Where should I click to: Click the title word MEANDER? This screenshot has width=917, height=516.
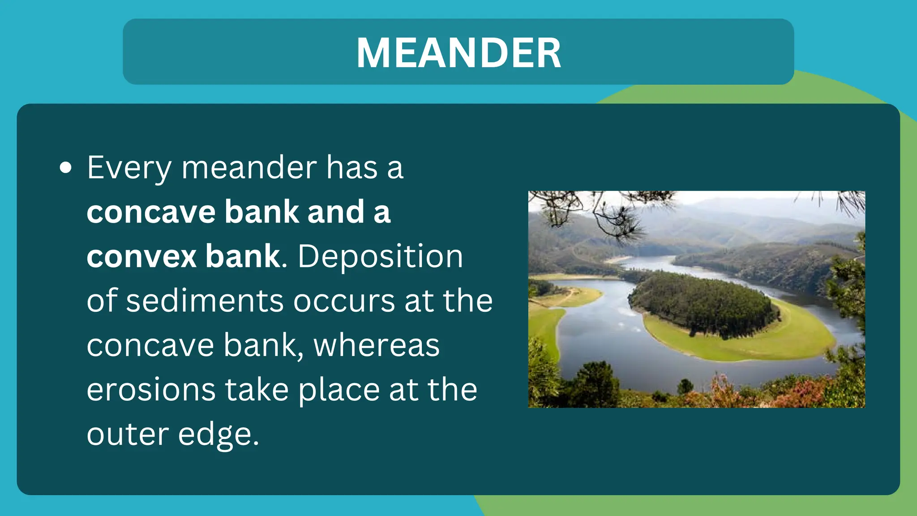click(x=458, y=53)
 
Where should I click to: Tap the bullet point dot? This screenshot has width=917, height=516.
click(x=66, y=168)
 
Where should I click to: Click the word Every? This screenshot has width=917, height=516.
click(x=129, y=168)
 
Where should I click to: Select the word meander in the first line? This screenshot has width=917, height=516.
click(x=249, y=168)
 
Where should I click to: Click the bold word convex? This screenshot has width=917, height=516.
click(x=141, y=257)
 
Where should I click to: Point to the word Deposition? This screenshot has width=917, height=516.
click(x=380, y=257)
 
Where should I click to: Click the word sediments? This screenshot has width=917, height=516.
click(x=205, y=301)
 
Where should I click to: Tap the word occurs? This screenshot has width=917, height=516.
click(x=344, y=301)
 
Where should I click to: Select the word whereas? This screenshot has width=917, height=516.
click(x=377, y=346)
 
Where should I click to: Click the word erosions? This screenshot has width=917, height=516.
click(x=151, y=390)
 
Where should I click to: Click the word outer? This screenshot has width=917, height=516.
click(x=128, y=434)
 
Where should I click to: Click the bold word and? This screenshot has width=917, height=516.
click(x=336, y=212)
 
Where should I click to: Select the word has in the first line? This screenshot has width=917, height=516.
click(x=351, y=168)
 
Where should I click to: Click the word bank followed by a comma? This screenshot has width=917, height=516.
click(x=261, y=346)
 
